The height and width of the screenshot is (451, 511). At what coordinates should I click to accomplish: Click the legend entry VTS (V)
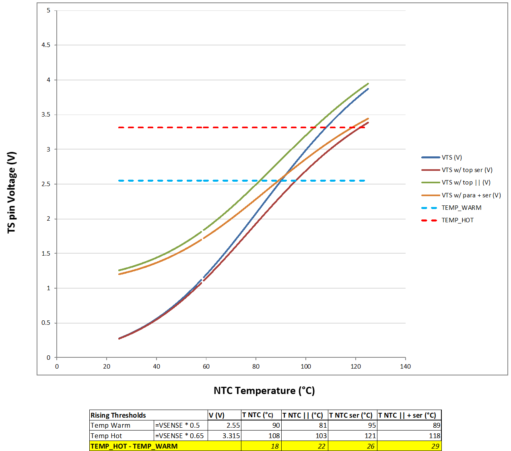tap(451, 158)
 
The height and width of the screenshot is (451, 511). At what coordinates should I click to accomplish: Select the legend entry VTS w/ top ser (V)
tap(467, 170)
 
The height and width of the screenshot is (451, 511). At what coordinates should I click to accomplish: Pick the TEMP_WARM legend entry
tap(461, 208)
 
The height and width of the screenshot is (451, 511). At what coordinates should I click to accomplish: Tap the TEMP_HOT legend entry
tap(457, 220)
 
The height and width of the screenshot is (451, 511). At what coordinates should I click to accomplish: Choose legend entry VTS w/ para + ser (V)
tap(471, 195)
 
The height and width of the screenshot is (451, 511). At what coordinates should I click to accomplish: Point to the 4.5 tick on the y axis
tap(46, 45)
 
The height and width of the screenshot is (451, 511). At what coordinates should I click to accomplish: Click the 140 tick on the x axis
tap(405, 366)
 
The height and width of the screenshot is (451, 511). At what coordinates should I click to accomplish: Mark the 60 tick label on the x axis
tap(206, 366)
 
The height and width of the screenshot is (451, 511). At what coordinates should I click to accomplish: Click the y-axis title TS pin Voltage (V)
tap(12, 192)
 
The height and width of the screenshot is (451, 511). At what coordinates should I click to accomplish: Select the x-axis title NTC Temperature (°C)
tap(264, 391)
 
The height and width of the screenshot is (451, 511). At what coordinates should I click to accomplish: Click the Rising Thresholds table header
tap(118, 415)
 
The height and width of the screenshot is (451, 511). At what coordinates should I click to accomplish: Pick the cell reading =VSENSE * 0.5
tap(177, 425)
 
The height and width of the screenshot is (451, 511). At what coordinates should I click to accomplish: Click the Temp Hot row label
tap(106, 436)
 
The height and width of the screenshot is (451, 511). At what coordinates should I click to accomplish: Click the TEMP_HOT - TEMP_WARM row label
tap(134, 446)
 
